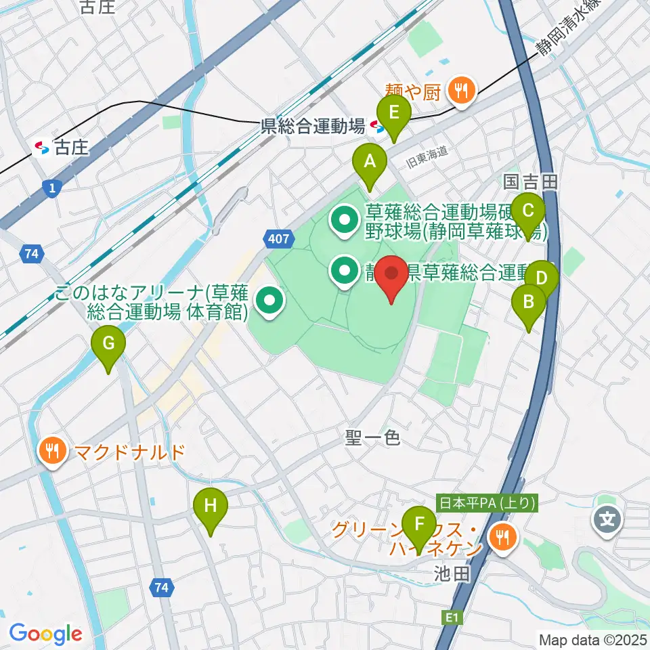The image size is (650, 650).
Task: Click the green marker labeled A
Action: [370, 163]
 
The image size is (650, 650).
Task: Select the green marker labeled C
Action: [528, 210]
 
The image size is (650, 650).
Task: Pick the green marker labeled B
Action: [529, 302]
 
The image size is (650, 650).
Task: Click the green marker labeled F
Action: [419, 525]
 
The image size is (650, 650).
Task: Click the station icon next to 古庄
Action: [42, 147]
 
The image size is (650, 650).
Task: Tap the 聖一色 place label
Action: [372, 439]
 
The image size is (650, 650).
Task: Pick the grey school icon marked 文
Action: [607, 520]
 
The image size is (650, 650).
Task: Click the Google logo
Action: [45, 634]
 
